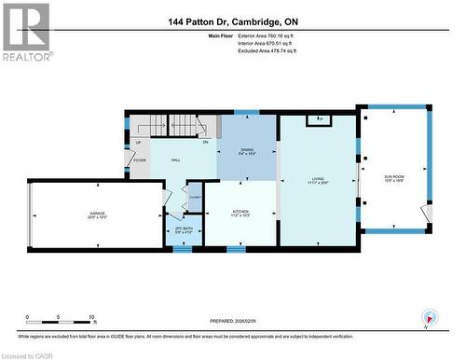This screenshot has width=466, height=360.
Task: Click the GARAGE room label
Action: tap(97, 215)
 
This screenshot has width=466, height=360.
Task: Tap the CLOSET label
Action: tap(195, 197)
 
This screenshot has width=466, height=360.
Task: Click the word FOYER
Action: tap(140, 160)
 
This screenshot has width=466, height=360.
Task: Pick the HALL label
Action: tap(174, 160)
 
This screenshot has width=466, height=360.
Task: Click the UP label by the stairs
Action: tap(138, 143)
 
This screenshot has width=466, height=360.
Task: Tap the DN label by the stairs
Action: tap(205, 142)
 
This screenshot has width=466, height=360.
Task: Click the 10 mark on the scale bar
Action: tap(92, 318)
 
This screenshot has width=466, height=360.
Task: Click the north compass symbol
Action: tap(428, 317)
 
